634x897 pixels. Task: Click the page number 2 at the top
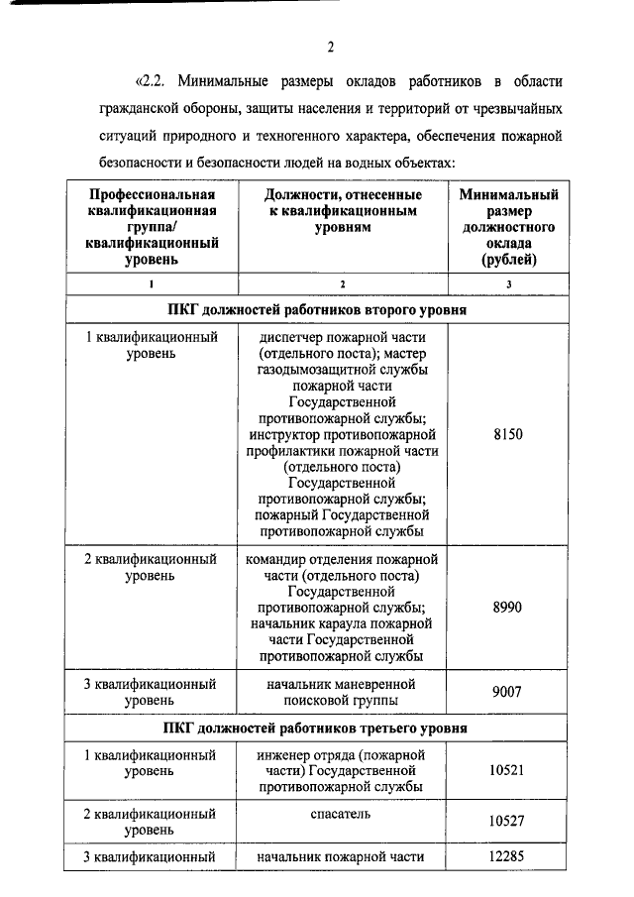[330, 46]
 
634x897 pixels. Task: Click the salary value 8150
[507, 434]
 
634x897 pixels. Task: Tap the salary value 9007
[507, 693]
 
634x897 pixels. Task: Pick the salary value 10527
[507, 821]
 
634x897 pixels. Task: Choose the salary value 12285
[507, 857]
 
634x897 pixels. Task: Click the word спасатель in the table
[342, 814]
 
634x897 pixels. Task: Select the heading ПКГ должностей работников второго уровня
[331, 309]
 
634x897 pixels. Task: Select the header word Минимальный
[508, 195]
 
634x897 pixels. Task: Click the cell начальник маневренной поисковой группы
[342, 693]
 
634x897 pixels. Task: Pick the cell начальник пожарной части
[342, 857]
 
